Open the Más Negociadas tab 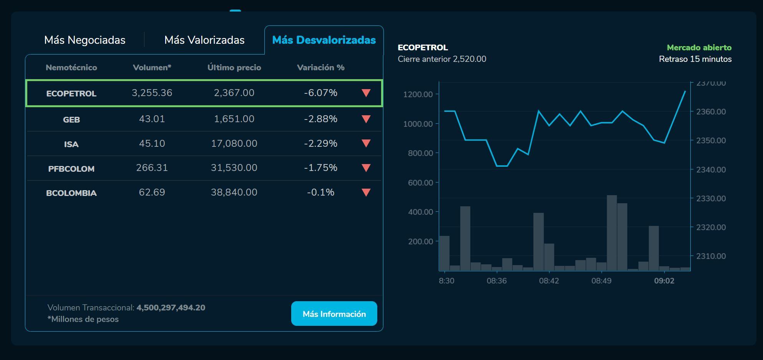[85, 40]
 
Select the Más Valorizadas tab [204, 40]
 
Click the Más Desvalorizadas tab [324, 40]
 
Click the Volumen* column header [152, 68]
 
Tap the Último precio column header [234, 68]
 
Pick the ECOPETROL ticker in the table [71, 93]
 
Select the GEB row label [71, 119]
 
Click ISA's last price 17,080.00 [234, 144]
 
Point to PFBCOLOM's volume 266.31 [152, 168]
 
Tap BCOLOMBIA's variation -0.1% [320, 192]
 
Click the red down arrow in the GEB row [366, 119]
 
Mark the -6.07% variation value [320, 93]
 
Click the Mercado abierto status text [699, 48]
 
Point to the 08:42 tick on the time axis [549, 281]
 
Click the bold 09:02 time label [664, 281]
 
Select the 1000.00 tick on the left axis [418, 124]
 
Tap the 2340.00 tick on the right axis [711, 169]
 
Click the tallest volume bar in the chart [612, 233]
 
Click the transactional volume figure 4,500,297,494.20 [171, 308]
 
